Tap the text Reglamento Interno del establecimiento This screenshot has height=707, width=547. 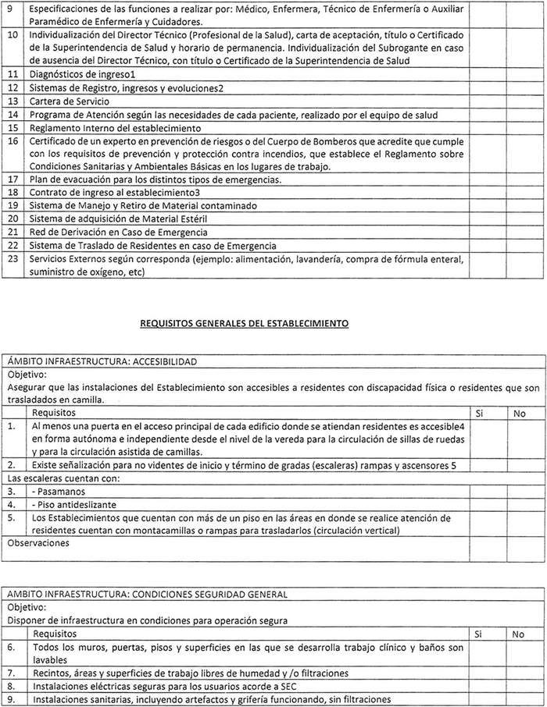click(116, 128)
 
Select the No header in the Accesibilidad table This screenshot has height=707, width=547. click(519, 413)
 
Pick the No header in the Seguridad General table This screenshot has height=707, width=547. click(519, 634)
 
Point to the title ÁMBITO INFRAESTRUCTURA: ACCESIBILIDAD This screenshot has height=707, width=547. click(102, 361)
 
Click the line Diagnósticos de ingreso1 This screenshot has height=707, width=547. click(83, 74)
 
